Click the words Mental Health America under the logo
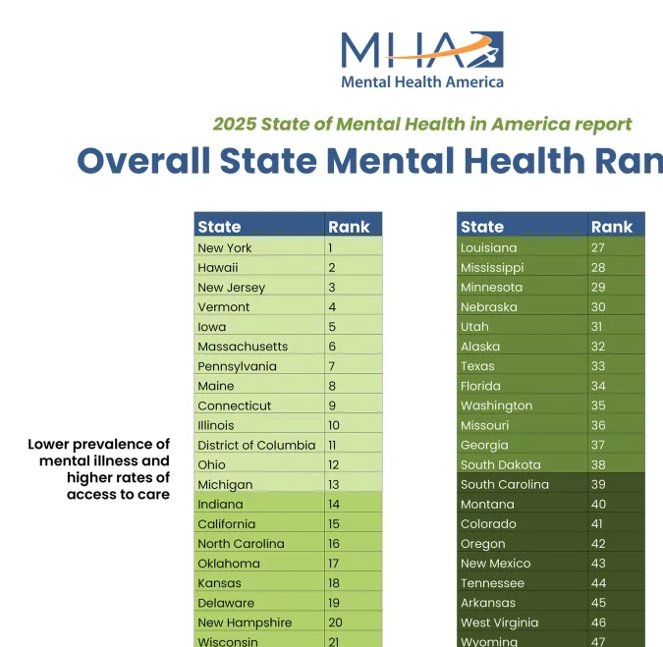[421, 82]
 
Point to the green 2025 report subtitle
[422, 124]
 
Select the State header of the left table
[219, 227]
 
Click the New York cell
[224, 248]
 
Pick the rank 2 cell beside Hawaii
[332, 268]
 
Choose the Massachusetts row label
[243, 347]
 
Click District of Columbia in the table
[256, 445]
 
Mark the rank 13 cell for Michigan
[333, 484]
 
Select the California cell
[226, 524]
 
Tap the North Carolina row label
[241, 544]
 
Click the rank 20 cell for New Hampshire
[334, 622]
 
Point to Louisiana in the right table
[488, 248]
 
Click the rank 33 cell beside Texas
[597, 366]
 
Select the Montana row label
[487, 505]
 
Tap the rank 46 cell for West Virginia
[597, 622]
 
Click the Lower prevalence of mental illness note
[99, 469]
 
